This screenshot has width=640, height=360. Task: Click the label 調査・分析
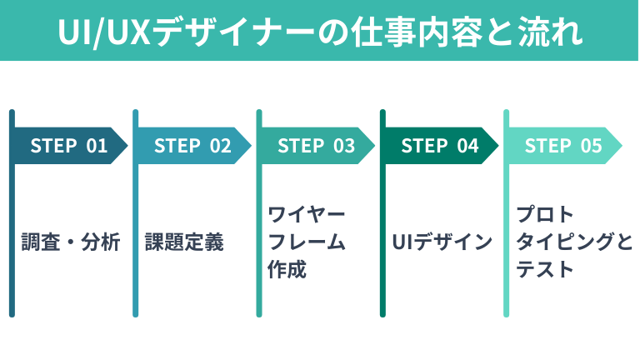[x=71, y=242]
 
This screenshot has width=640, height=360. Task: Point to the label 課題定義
[x=184, y=242]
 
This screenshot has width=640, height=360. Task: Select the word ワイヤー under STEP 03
[x=306, y=214]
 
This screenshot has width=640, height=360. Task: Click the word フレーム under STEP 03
[x=306, y=242]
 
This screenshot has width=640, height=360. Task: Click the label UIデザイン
[x=442, y=242]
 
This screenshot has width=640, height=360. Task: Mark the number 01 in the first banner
[x=97, y=146]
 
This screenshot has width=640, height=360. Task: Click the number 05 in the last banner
[x=591, y=146]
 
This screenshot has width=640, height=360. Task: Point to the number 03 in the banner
[x=344, y=146]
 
